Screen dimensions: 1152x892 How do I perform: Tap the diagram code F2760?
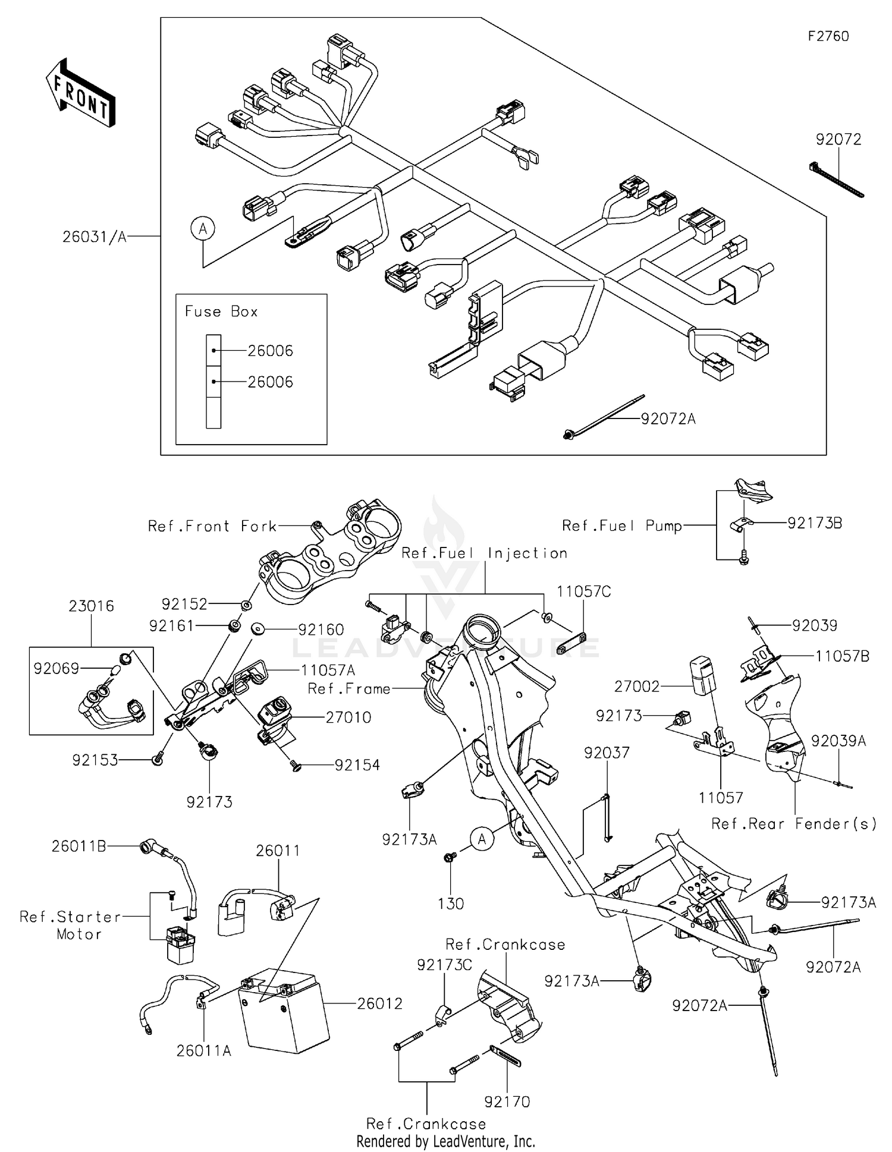[x=828, y=36]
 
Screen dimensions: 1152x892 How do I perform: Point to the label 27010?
[x=348, y=717]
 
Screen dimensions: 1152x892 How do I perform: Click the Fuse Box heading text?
[x=221, y=311]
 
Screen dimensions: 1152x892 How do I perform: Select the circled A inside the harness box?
[x=203, y=228]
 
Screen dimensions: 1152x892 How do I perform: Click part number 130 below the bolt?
[x=450, y=904]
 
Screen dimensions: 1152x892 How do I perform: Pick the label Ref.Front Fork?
[x=212, y=526]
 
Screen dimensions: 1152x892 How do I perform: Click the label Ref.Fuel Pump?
[x=621, y=526]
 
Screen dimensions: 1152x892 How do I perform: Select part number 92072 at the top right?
[x=838, y=139]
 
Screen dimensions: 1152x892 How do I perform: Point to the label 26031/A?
[x=95, y=237]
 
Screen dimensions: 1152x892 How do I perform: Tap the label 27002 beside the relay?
[x=637, y=687]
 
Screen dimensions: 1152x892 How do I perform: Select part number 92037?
[x=606, y=753]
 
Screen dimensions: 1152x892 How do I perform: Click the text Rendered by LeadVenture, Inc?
[x=445, y=1141]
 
